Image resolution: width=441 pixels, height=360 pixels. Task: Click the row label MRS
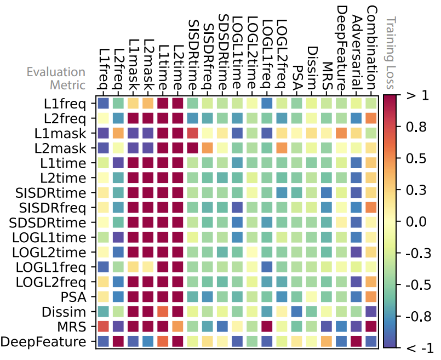pyautogui.click(x=75, y=327)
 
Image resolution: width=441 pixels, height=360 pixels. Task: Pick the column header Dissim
pyautogui.click(x=312, y=66)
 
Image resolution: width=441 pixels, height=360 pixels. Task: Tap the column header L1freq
pyautogui.click(x=104, y=66)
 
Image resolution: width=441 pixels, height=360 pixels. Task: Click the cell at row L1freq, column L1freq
pyautogui.click(x=104, y=103)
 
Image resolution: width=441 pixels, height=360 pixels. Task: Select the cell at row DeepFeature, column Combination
pyautogui.click(x=371, y=342)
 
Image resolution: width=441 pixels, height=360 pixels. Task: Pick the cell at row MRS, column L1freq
pyautogui.click(x=104, y=327)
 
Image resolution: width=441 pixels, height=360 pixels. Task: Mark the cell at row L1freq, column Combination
pyautogui.click(x=371, y=103)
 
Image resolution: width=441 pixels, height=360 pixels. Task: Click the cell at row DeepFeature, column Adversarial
pyautogui.click(x=356, y=342)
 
